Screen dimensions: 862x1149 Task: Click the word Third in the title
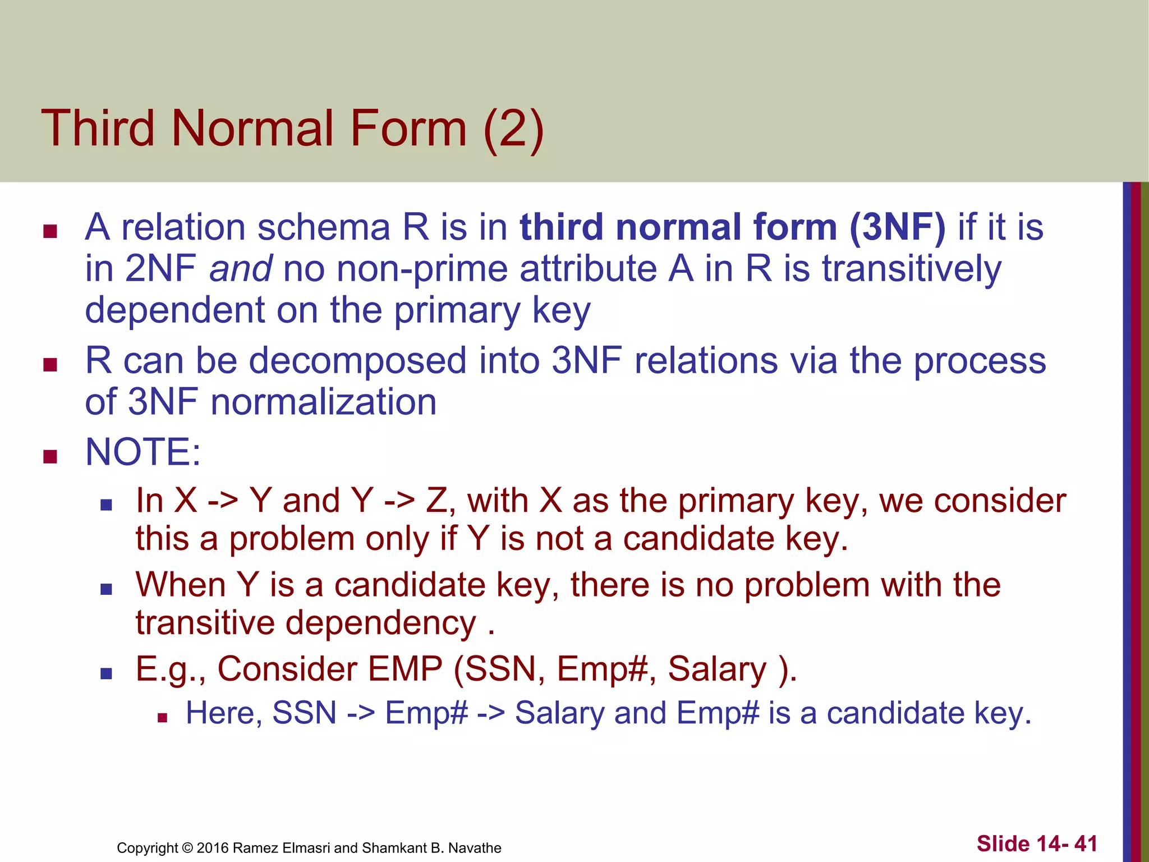coord(98,129)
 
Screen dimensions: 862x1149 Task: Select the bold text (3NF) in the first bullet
coord(897,227)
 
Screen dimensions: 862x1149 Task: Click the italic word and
coord(241,269)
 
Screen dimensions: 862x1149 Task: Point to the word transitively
coord(912,269)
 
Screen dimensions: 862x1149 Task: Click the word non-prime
coord(418,269)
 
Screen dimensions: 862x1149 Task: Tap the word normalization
coord(323,402)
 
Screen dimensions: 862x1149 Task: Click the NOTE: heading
coord(143,452)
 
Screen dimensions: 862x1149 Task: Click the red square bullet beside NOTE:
coord(50,456)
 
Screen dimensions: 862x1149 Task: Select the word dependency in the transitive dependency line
coord(381,623)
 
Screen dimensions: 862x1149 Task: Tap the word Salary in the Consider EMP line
coord(716,669)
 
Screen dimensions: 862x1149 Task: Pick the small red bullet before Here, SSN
coord(162,717)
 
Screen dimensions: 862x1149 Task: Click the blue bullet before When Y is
coord(106,589)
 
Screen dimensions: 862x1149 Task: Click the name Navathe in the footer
coord(475,848)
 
